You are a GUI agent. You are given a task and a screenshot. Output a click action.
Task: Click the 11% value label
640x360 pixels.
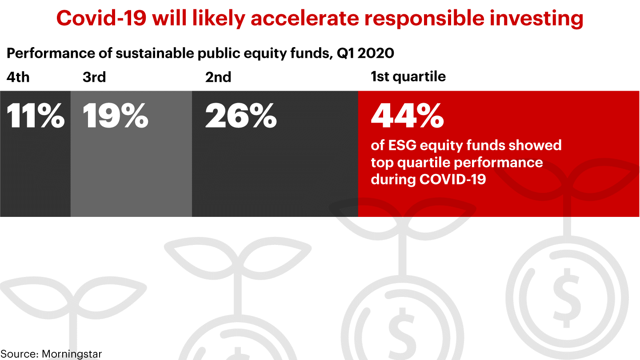click(35, 116)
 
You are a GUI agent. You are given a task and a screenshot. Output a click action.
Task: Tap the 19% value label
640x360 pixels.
click(115, 116)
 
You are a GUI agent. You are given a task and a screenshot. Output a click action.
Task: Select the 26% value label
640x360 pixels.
click(240, 116)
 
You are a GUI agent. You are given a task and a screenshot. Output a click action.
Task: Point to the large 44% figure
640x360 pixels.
click(407, 116)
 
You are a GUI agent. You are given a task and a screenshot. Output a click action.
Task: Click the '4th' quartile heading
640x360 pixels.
click(18, 77)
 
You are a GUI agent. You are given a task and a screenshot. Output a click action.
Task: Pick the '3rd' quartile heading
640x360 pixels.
click(94, 77)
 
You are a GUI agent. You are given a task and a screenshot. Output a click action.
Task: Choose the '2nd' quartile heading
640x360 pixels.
click(218, 77)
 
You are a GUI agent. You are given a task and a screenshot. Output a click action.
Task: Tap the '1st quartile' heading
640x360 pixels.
click(408, 76)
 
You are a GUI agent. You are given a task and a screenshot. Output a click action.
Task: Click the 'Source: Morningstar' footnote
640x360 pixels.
click(51, 354)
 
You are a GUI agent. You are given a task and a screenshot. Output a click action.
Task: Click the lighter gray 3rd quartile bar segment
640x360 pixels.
click(131, 178)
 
